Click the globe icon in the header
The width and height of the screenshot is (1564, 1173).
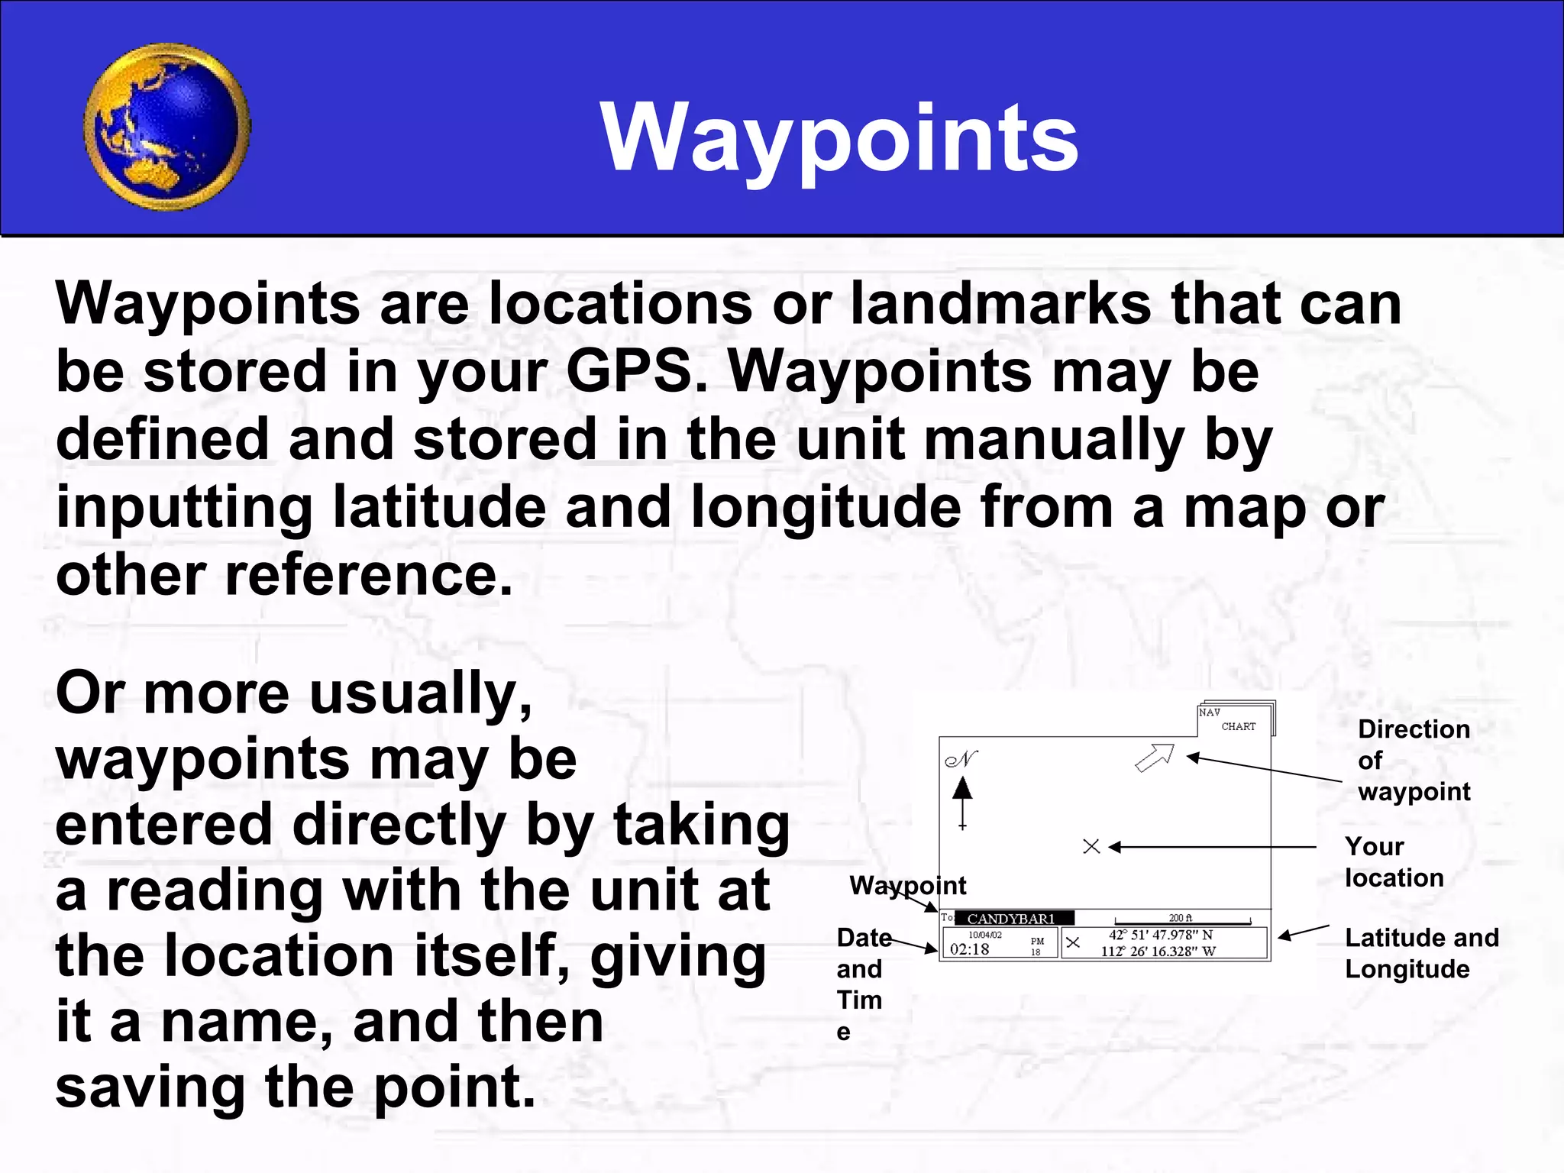tap(166, 127)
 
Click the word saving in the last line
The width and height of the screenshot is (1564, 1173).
tap(150, 1087)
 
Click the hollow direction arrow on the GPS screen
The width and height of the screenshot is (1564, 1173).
tap(1154, 758)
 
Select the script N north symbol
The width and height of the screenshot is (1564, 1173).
tap(961, 760)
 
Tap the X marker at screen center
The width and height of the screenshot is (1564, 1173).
tap(1091, 846)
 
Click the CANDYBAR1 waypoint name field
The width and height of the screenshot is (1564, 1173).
tap(1013, 919)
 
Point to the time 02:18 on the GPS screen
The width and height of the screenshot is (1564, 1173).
tap(970, 949)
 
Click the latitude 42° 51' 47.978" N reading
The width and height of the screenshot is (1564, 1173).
tap(1160, 935)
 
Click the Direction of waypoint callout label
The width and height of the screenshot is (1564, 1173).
tap(1413, 760)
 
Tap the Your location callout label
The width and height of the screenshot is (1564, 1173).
tap(1393, 862)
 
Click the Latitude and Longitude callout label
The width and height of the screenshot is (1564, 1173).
tap(1420, 953)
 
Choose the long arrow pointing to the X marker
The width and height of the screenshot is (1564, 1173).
tap(1214, 847)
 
